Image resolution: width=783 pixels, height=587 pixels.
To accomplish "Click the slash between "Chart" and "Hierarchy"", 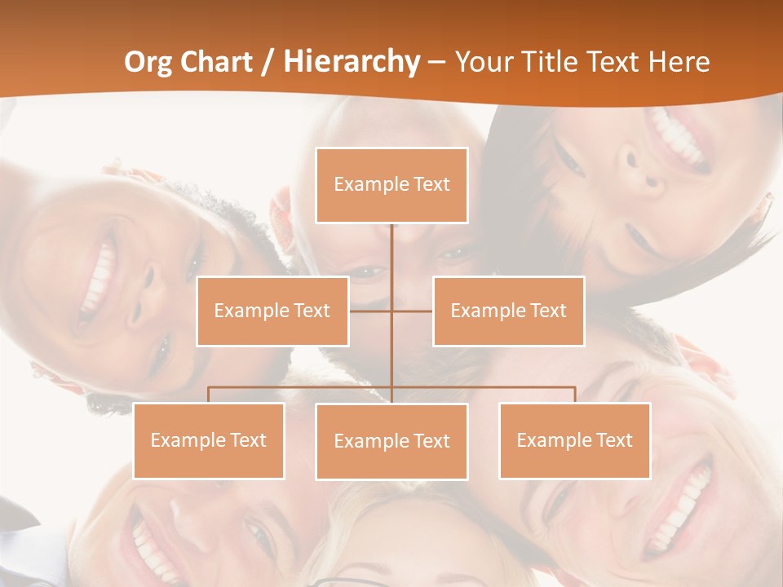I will tap(267, 62).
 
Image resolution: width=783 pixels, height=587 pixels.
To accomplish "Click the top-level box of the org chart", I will tap(391, 185).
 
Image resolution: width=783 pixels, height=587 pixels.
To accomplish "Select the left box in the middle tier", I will tap(272, 311).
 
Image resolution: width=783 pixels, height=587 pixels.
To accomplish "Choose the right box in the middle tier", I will tap(509, 311).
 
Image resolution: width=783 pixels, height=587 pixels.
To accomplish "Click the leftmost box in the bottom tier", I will tap(209, 440).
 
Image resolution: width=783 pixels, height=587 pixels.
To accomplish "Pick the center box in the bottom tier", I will tap(391, 441).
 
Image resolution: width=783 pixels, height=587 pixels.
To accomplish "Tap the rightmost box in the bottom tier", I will tap(575, 440).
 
